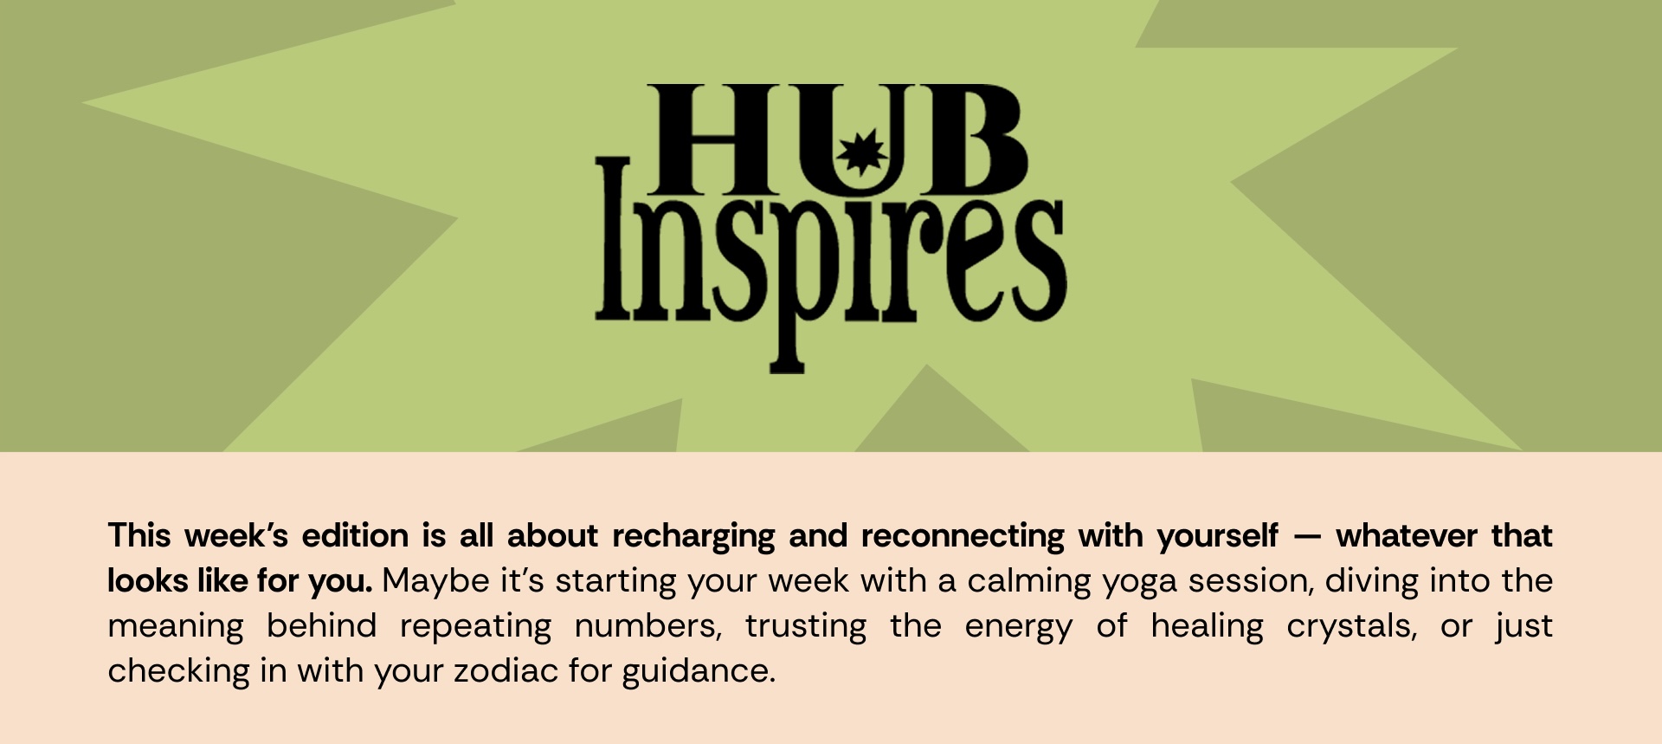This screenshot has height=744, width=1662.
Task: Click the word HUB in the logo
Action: pos(837,139)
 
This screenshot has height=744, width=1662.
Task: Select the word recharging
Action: pos(693,537)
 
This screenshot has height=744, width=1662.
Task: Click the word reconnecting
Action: pos(963,537)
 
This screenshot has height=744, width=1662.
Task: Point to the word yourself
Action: pos(1218,537)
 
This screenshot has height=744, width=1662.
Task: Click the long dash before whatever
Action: pos(1307,537)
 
